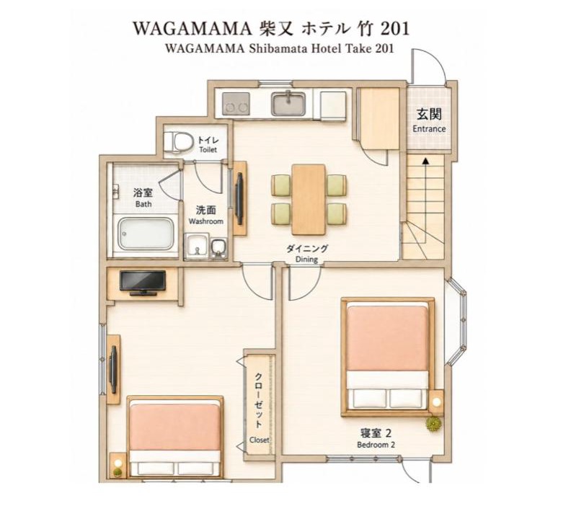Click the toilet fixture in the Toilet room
tap(177, 141)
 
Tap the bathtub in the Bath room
tap(145, 234)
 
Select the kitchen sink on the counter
tap(288, 103)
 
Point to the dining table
tap(309, 199)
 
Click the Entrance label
tap(429, 128)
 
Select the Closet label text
tap(260, 440)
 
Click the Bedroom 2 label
tap(376, 445)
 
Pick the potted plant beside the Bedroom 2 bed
tap(434, 424)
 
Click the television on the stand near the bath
tap(143, 283)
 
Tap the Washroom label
tap(205, 221)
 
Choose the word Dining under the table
tap(306, 259)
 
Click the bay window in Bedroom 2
tap(457, 321)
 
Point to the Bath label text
tap(143, 204)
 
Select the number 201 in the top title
tap(395, 28)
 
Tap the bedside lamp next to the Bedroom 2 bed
tap(436, 402)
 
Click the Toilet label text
tap(208, 149)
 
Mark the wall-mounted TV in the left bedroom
tap(114, 369)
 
